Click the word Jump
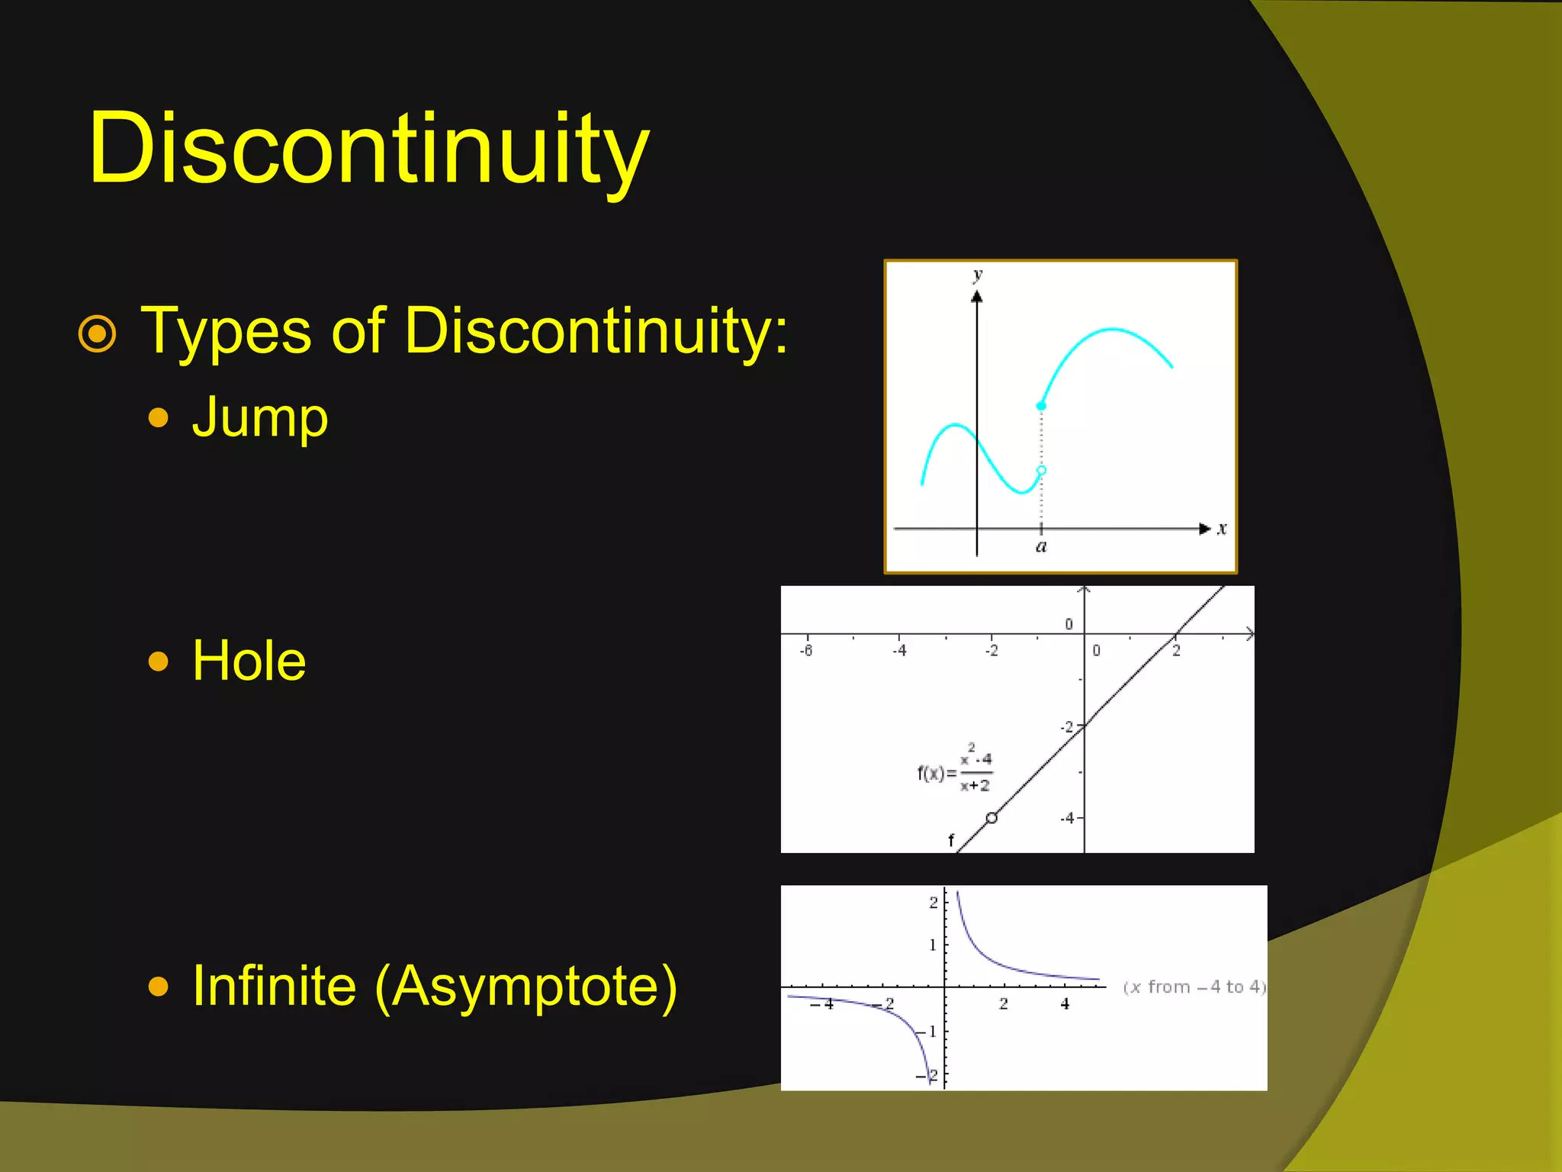[x=260, y=418]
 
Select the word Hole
[x=249, y=661]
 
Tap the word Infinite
[x=274, y=986]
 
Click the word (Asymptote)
[x=526, y=986]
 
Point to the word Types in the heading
[x=227, y=331]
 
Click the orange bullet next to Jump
[x=159, y=418]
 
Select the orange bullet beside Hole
[x=159, y=661]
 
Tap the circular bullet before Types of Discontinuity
[x=98, y=334]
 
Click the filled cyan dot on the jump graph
[x=1041, y=406]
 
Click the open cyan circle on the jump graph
[x=1041, y=471]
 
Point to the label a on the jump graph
[x=1041, y=546]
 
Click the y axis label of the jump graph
[x=978, y=275]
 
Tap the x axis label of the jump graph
[x=1222, y=528]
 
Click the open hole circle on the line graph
[x=992, y=818]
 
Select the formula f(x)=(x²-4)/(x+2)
[x=955, y=769]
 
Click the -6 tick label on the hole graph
[x=806, y=651]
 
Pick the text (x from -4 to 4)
[x=1194, y=987]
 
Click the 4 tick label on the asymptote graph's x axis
[x=1065, y=1004]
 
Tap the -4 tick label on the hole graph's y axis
[x=1067, y=818]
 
